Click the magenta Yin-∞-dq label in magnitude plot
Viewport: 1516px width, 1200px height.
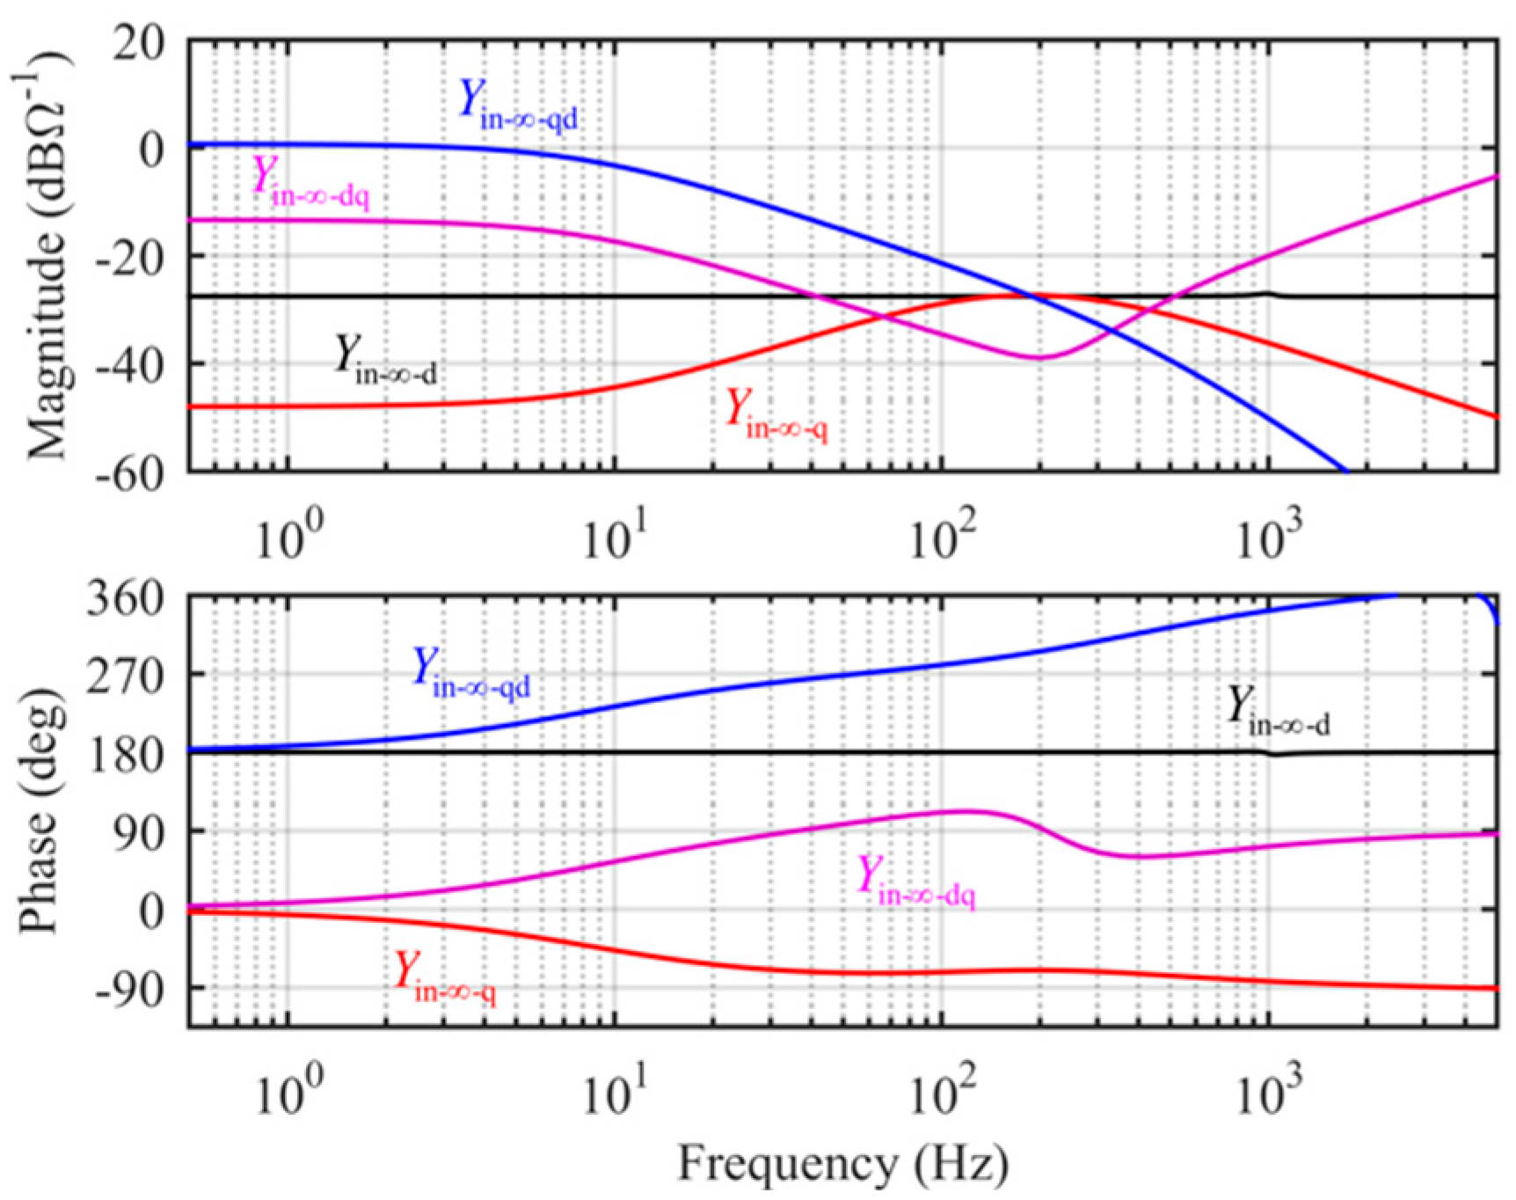coord(310,182)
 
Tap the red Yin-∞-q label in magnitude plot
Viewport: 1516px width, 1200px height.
coord(776,415)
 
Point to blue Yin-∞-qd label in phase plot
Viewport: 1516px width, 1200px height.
coord(472,673)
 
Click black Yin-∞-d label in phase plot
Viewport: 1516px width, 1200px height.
coord(1278,711)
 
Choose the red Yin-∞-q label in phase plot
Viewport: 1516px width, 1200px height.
coord(445,977)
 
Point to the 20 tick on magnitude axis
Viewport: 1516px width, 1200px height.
coord(138,42)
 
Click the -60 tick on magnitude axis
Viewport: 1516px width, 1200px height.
coord(130,473)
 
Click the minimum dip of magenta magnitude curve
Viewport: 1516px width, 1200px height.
coord(1040,357)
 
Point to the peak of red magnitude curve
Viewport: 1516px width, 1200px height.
coord(1020,296)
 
